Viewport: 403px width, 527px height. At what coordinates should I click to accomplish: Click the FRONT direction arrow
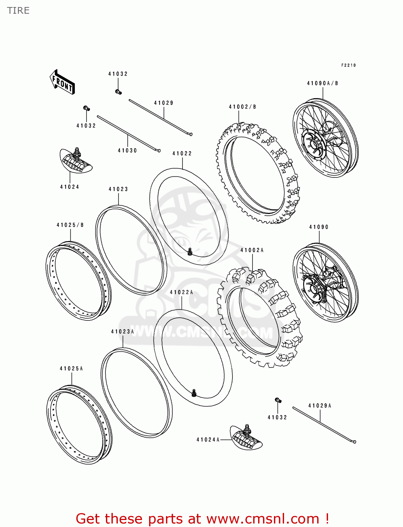coord(62,82)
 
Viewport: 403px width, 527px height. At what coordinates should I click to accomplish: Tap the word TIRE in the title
coord(18,11)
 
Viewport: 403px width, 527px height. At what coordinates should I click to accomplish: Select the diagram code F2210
coord(348,65)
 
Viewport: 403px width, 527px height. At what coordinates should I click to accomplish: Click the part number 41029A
coord(320,406)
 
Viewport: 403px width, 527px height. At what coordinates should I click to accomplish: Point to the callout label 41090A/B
coord(322,84)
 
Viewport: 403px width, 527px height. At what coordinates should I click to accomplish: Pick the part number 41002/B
coord(242,107)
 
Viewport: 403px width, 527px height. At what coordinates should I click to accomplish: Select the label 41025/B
coord(70,225)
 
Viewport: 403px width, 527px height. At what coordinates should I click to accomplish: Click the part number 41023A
coord(122,332)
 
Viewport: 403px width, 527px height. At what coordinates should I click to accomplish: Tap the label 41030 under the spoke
coord(127,151)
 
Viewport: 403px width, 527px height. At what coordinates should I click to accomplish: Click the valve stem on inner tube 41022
coord(190,252)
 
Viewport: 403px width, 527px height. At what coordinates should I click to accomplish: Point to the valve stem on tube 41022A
coord(194,393)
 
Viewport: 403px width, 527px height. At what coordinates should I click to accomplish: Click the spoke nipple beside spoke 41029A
coord(277,400)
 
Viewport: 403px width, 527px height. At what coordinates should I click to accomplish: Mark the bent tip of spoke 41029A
coord(354,442)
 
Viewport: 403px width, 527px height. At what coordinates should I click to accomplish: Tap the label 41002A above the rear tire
coord(252,251)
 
